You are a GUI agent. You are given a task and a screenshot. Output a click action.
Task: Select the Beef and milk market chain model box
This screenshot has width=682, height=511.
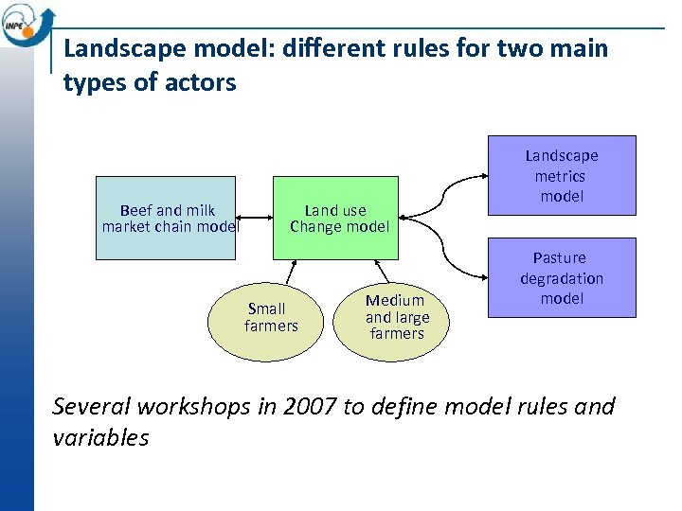(x=166, y=218)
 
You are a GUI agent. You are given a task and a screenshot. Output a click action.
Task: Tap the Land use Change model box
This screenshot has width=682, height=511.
(x=335, y=218)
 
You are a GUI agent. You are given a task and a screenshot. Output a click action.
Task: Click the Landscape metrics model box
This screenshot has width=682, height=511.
(x=562, y=175)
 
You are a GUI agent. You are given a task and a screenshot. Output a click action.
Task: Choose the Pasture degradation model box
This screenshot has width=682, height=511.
(x=562, y=277)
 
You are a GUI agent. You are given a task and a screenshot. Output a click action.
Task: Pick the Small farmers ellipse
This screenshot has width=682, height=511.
(x=266, y=317)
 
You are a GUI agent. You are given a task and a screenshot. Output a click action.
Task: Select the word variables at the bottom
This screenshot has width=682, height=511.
(x=101, y=438)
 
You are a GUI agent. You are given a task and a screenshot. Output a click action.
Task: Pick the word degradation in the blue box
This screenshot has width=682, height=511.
(x=562, y=278)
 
